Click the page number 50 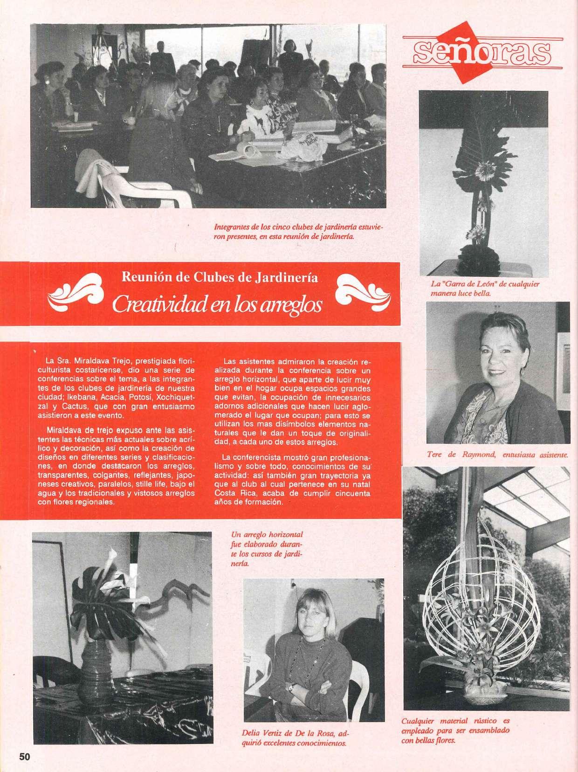click(x=25, y=756)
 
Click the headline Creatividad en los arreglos click(x=217, y=304)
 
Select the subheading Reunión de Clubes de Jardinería click(x=220, y=278)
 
